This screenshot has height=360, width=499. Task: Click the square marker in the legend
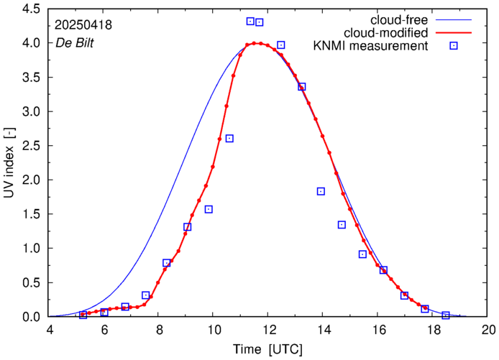coord(454,46)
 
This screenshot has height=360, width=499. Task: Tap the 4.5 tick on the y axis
coord(30,9)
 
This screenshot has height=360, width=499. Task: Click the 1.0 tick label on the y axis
coord(30,249)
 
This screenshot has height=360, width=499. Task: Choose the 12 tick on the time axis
coord(269,330)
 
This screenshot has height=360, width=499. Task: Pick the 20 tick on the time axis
coord(488,330)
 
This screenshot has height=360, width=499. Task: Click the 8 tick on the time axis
coord(159,330)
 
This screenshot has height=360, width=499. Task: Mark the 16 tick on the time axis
coord(379,330)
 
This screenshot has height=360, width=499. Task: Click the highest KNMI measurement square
coord(250,22)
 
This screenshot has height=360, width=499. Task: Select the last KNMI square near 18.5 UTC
coord(446,315)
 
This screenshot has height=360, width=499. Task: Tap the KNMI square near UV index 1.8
coord(321,191)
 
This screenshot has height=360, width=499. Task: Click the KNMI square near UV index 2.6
coord(229,139)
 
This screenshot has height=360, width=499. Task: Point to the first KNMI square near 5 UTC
coord(83,315)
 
